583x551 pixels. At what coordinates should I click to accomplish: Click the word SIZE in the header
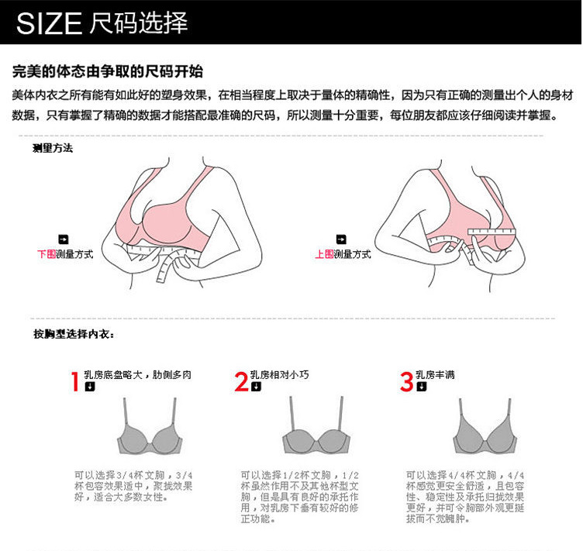click(x=49, y=24)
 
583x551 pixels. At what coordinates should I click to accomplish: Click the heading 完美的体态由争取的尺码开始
click(x=108, y=72)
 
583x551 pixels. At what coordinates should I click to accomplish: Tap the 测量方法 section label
click(x=53, y=148)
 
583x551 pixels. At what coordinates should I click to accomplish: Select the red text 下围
click(x=46, y=253)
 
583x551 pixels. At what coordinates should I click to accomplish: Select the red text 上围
click(x=323, y=253)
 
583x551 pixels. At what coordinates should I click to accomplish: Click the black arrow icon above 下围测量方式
click(x=64, y=239)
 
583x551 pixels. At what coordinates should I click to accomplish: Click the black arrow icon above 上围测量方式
click(x=340, y=239)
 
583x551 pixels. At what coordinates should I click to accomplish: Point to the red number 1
click(x=75, y=381)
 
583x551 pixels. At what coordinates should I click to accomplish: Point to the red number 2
click(x=241, y=381)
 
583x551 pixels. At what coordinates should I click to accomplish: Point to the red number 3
click(x=407, y=381)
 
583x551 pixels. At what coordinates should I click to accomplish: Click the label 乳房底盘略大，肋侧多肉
click(x=137, y=375)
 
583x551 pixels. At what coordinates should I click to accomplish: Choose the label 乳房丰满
click(x=436, y=375)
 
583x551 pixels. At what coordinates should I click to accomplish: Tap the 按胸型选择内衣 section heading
click(x=74, y=334)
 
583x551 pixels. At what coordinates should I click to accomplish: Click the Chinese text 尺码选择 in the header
click(x=139, y=24)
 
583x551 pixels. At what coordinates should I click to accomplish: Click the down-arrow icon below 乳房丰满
click(x=421, y=387)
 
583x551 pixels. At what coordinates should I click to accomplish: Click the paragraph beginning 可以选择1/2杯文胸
click(x=299, y=496)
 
